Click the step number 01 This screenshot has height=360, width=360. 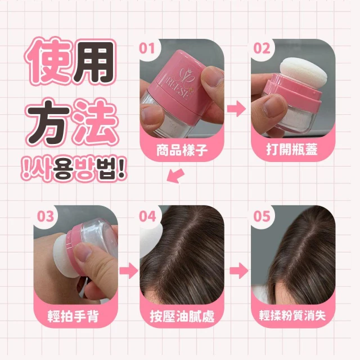(x=147, y=49)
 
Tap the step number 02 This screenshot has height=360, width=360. (x=262, y=49)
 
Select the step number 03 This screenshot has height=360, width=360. (x=46, y=216)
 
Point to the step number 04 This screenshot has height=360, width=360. (x=147, y=216)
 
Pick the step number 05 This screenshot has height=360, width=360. (x=262, y=216)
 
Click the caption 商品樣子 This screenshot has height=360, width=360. (x=182, y=150)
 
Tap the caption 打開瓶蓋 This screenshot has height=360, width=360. (x=292, y=150)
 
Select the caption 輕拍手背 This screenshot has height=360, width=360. (x=73, y=316)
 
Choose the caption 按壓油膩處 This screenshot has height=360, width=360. (x=182, y=316)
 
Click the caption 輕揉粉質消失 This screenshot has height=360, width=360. (x=292, y=315)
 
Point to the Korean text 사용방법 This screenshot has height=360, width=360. (x=73, y=170)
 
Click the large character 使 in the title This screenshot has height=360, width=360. (x=48, y=61)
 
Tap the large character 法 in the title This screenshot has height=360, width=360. (x=96, y=122)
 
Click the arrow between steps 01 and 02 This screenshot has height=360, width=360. (x=236, y=109)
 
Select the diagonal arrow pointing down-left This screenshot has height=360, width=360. (x=175, y=175)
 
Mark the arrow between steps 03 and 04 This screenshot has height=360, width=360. (x=129, y=271)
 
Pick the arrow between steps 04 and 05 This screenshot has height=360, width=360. (x=239, y=271)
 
